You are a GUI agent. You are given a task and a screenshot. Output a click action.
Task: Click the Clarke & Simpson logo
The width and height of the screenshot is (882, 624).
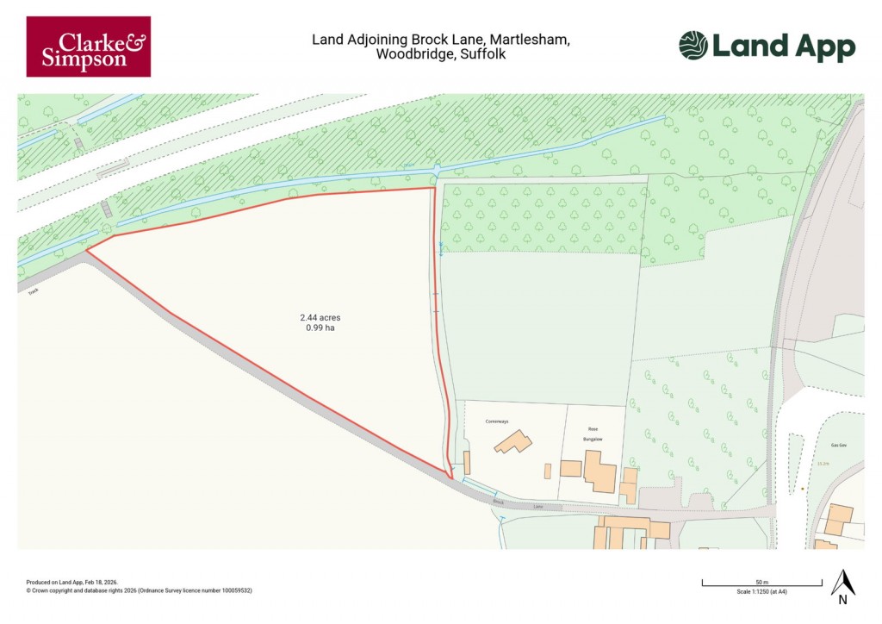click(88, 47)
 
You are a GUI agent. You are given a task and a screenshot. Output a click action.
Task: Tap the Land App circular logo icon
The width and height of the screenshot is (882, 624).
click(693, 46)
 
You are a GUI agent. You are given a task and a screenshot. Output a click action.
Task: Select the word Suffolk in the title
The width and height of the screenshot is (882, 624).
click(484, 53)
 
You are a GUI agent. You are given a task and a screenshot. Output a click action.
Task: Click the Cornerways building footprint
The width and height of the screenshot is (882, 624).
click(512, 442)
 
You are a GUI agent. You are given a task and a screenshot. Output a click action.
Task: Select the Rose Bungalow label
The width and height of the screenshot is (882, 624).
click(592, 434)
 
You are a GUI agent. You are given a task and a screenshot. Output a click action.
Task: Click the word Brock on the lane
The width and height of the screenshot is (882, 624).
click(497, 501)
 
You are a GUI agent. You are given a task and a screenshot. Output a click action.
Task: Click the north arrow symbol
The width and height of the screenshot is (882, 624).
click(842, 585)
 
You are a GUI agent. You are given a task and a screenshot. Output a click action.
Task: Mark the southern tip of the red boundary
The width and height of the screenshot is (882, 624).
click(450, 478)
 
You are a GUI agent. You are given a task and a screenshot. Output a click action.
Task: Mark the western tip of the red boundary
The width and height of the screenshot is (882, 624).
click(85, 252)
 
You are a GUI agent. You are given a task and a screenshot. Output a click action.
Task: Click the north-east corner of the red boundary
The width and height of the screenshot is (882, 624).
click(432, 188)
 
